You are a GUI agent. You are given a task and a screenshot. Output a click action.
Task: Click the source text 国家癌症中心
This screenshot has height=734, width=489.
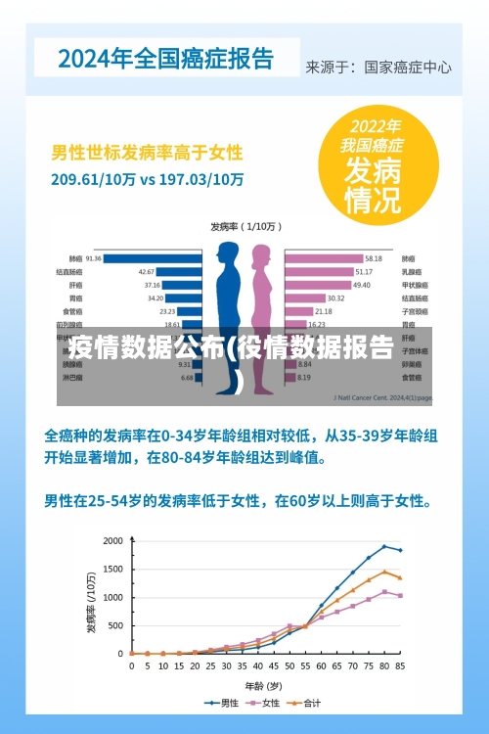pyautogui.click(x=408, y=68)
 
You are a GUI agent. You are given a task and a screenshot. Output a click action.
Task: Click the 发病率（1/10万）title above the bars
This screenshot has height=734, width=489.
pyautogui.click(x=245, y=226)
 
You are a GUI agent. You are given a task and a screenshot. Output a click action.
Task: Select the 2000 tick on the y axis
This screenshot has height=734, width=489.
pyautogui.click(x=113, y=541)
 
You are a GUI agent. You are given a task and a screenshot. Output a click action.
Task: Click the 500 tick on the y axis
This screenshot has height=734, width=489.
pyautogui.click(x=116, y=625)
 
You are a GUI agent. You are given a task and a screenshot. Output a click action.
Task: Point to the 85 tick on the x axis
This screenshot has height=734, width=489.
pyautogui.click(x=399, y=665)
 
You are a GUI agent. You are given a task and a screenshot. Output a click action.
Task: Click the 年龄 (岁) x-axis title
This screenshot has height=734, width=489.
pyautogui.click(x=263, y=684)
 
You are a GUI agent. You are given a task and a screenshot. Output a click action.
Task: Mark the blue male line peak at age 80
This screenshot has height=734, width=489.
pyautogui.click(x=383, y=546)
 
